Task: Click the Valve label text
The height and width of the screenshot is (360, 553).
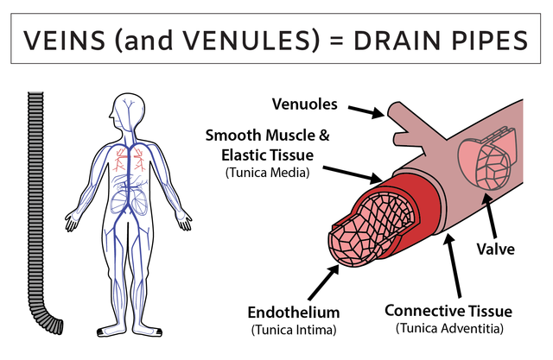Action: [498, 249]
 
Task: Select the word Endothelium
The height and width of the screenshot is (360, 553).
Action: [295, 312]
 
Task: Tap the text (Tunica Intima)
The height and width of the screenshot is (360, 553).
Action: [295, 330]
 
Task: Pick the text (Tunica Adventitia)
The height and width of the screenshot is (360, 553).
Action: [448, 328]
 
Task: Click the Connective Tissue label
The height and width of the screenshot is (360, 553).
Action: [448, 310]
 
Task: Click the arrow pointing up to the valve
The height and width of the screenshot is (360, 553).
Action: [493, 216]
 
